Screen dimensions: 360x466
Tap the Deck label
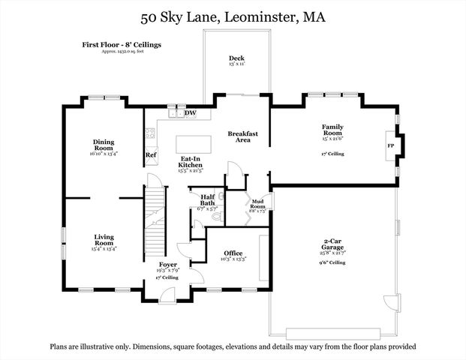(x=236, y=58)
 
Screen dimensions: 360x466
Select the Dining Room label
(x=104, y=144)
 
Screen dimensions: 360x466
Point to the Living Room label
(x=104, y=241)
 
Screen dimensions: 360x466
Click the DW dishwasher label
(x=191, y=113)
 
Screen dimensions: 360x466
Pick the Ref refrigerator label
(x=151, y=155)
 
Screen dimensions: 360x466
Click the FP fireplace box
(x=390, y=146)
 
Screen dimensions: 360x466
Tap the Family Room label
(x=333, y=129)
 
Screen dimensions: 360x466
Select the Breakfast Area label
(x=243, y=136)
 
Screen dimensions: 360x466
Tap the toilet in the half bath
(x=216, y=217)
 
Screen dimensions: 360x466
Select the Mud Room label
(x=257, y=205)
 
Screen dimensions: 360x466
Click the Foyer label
(x=167, y=265)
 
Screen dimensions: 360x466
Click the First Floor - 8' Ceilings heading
(x=122, y=45)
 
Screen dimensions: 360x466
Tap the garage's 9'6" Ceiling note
(x=330, y=263)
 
